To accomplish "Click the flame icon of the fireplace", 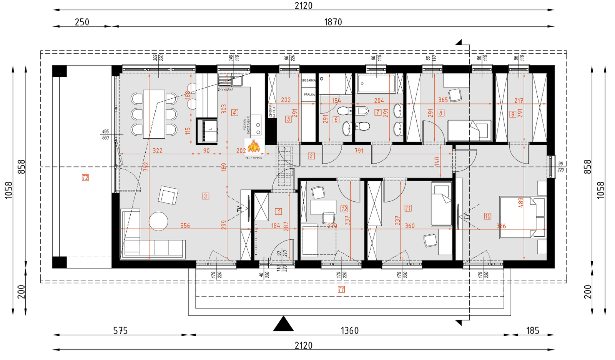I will (x=254, y=146).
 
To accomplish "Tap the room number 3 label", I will (x=206, y=196).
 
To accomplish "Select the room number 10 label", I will (x=487, y=216).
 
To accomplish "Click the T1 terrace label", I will (x=341, y=289).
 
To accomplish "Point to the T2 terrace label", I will (x=85, y=178).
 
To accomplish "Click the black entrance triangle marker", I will (x=284, y=324).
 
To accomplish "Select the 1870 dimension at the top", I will (x=333, y=22).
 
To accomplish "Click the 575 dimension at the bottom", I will (x=120, y=330).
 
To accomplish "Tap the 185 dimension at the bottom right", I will (x=533, y=330).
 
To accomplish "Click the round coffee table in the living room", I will (x=158, y=221).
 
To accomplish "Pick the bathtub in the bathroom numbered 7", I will (x=376, y=83).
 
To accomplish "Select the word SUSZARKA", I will (x=308, y=80).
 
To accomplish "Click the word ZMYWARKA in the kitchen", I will (x=226, y=90).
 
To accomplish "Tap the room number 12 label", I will (x=344, y=209).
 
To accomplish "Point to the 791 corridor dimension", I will (x=359, y=151).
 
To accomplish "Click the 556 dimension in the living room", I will (x=185, y=226).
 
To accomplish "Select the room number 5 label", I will (x=289, y=119).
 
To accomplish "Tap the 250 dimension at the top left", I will (x=82, y=22).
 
